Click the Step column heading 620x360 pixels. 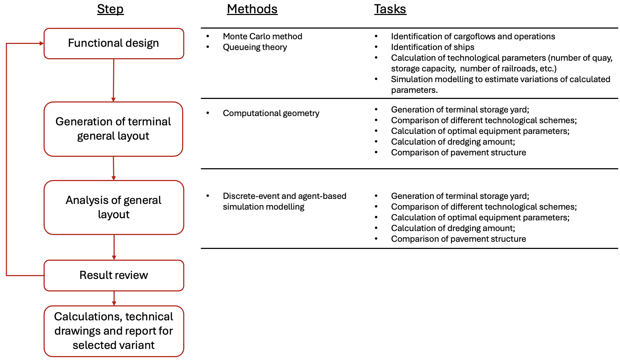click(x=110, y=9)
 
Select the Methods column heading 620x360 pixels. click(x=252, y=9)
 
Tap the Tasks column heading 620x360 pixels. click(x=390, y=9)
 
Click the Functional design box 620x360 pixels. click(x=114, y=43)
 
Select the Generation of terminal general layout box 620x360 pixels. click(x=114, y=129)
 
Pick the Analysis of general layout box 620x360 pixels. click(x=114, y=207)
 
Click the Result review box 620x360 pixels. click(x=114, y=275)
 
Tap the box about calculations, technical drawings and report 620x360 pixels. click(x=114, y=331)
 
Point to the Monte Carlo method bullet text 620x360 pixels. click(x=262, y=36)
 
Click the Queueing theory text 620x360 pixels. click(x=255, y=47)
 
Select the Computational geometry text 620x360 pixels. click(x=271, y=113)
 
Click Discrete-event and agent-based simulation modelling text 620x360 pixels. click(x=284, y=201)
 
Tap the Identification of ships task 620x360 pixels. click(x=432, y=47)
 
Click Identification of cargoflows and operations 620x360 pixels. click(x=472, y=36)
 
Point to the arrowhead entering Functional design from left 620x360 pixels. click(x=41, y=44)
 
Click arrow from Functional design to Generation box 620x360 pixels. click(x=114, y=80)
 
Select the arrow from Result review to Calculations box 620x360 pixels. click(x=114, y=298)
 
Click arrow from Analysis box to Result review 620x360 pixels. click(x=114, y=247)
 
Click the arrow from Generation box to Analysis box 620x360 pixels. click(x=114, y=168)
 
